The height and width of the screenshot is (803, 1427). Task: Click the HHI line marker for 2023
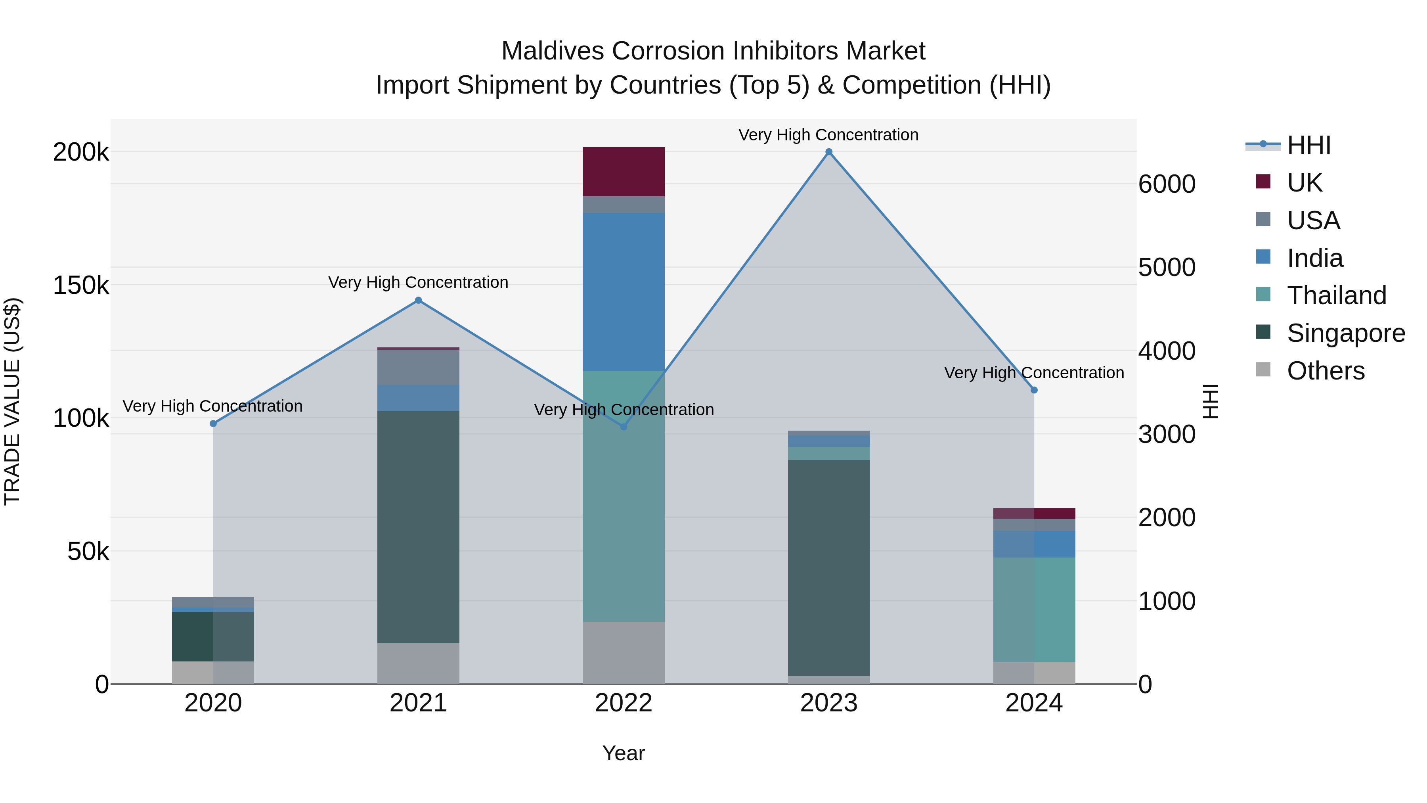pos(829,152)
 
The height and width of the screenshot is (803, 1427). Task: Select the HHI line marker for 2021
pos(418,300)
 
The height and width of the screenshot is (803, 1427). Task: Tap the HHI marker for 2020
pos(213,424)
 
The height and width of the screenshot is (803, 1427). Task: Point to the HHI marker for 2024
pos(1034,390)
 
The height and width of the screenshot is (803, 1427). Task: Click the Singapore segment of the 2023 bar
pos(829,567)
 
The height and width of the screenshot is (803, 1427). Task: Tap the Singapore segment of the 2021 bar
pos(418,527)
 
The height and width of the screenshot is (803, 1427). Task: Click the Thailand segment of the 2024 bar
pos(1034,609)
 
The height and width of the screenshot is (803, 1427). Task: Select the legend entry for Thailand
pos(1336,295)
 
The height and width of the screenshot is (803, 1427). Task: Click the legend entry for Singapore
pos(1345,333)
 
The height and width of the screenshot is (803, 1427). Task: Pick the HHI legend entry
pos(1308,145)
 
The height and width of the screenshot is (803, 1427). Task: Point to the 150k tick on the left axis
pos(81,286)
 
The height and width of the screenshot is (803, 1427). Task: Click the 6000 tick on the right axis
pos(1167,184)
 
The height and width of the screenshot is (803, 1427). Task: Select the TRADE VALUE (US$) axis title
pos(12,401)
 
